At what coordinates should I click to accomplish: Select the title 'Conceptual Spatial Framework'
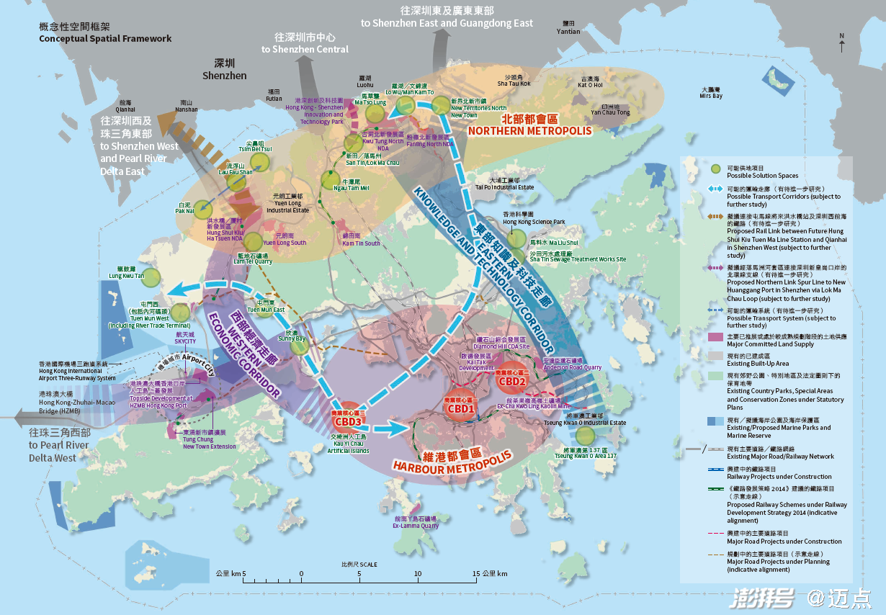coord(106,38)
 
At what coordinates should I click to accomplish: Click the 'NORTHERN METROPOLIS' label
coord(529,131)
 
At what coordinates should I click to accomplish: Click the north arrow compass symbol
coord(841,43)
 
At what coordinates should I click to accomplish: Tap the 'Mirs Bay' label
coord(710,96)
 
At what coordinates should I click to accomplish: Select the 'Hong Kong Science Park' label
coord(533,222)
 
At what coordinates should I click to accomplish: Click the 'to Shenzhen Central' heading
coord(305,49)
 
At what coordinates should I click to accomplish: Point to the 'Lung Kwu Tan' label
coord(127,276)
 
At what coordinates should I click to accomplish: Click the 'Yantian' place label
coord(568,32)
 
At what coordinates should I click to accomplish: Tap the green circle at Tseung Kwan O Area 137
coord(586,436)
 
